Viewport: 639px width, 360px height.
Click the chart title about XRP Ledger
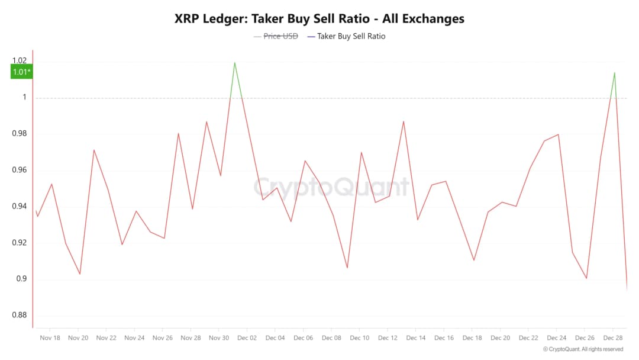click(x=319, y=18)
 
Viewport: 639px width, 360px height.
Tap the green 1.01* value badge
click(x=22, y=72)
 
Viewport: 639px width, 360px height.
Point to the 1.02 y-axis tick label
click(x=20, y=61)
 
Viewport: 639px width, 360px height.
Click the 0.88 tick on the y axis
click(x=20, y=315)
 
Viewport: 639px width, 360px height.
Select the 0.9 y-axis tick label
click(x=22, y=279)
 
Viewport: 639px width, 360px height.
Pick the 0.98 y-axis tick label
click(x=20, y=134)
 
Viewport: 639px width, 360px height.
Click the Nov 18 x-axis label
click(x=50, y=338)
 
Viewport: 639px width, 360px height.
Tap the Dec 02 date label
click(x=247, y=338)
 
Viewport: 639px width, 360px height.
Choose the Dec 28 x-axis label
click(x=613, y=338)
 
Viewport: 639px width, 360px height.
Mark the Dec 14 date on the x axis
click(x=416, y=338)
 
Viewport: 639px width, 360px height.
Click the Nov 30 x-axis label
click(x=219, y=338)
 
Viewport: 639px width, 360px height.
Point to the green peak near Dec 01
click(x=235, y=62)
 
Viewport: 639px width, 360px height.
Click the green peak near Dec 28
click(x=615, y=72)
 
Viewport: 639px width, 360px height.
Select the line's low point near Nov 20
click(x=80, y=274)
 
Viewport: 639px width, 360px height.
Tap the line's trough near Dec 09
click(x=347, y=268)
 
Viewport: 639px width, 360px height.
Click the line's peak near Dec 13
click(x=404, y=121)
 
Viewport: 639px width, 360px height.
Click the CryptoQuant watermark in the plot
click(x=331, y=187)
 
